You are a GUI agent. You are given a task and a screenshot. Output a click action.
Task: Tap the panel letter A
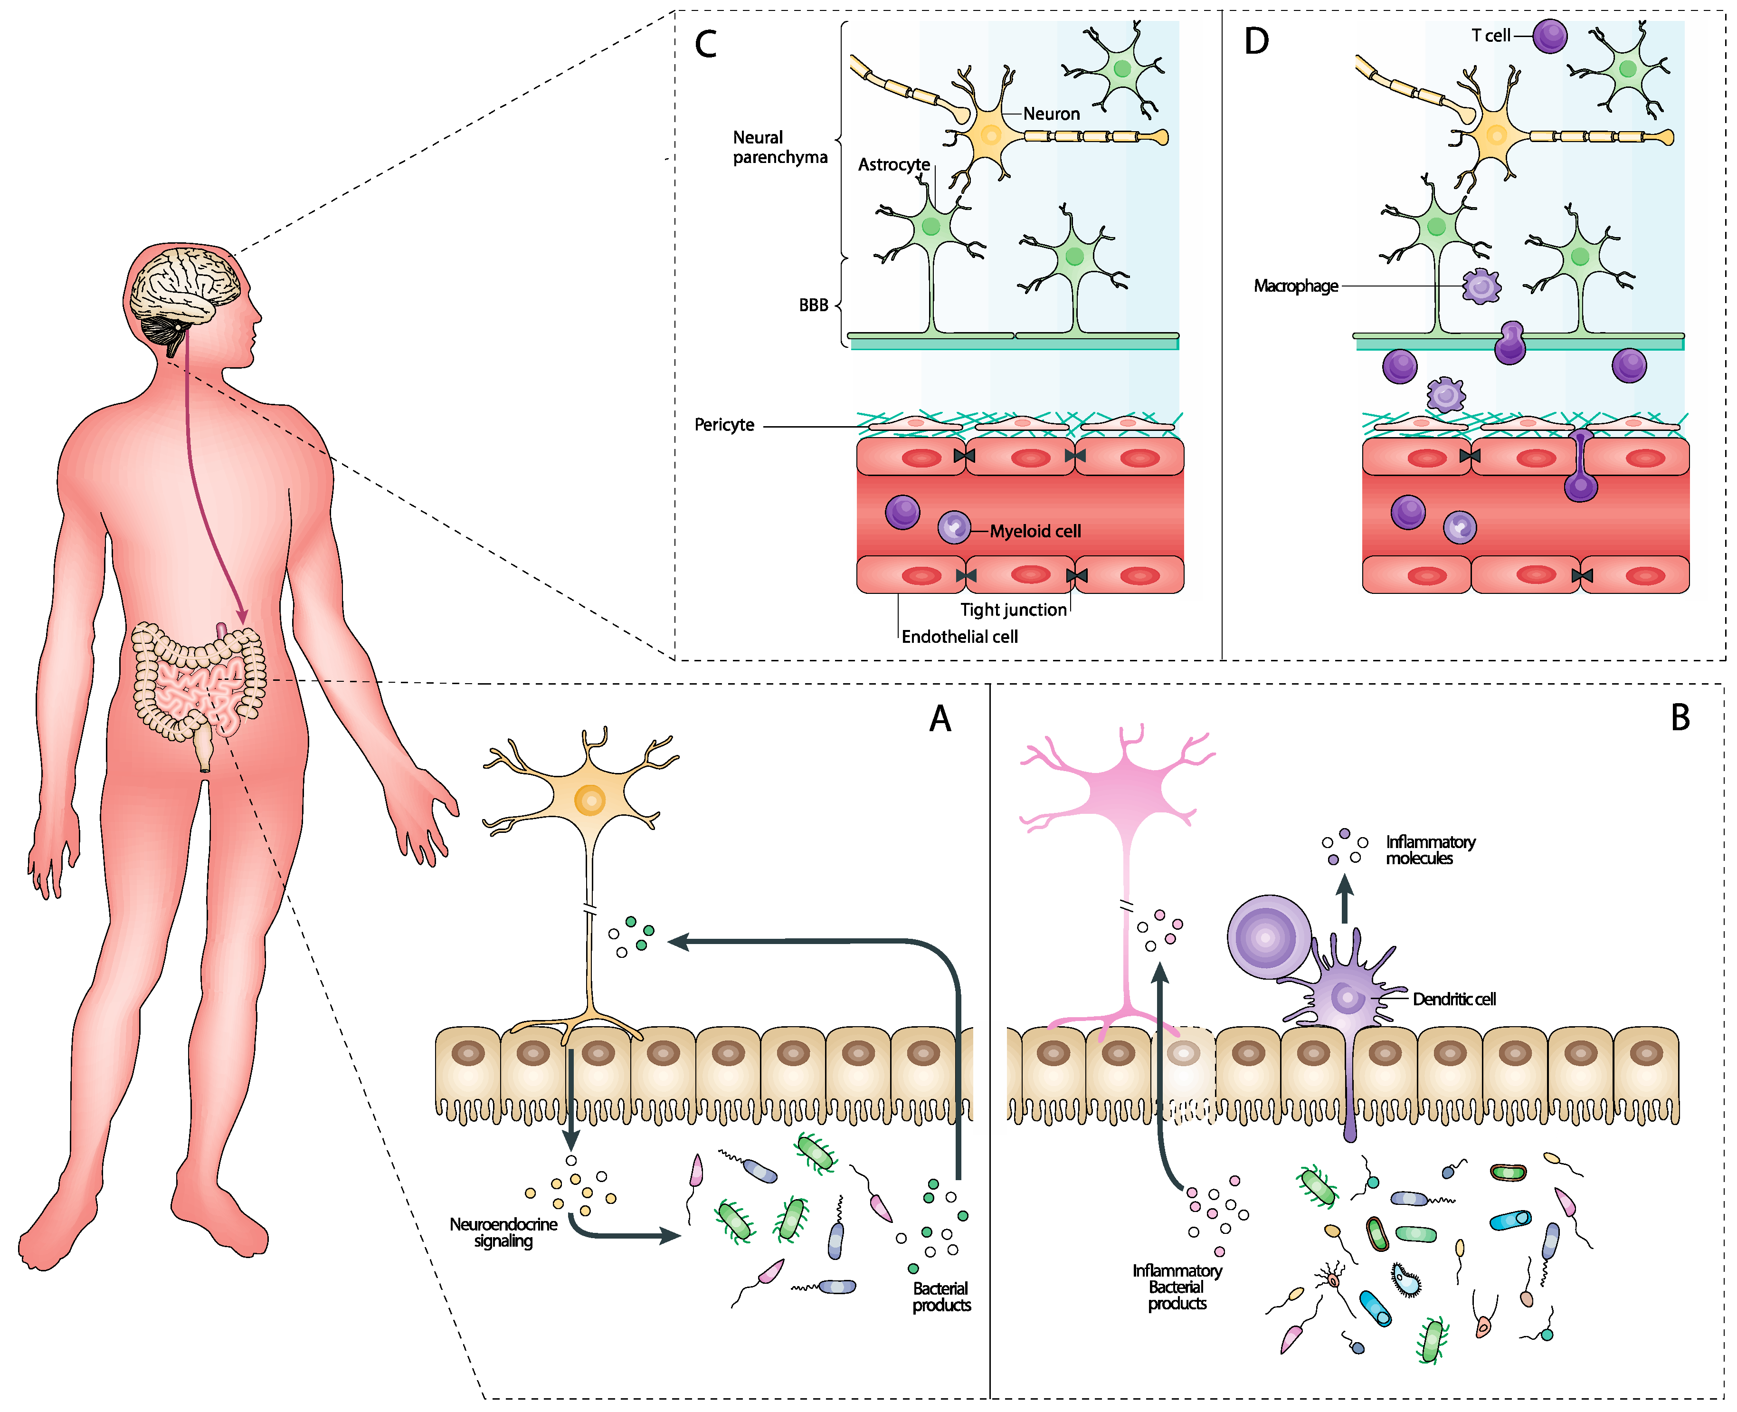point(940,718)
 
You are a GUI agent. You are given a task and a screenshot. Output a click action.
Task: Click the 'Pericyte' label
point(724,425)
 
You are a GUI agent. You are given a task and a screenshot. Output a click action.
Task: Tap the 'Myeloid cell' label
point(1035,531)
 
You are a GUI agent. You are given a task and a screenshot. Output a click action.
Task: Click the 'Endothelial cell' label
point(959,636)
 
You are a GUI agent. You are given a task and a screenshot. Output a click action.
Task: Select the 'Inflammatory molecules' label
point(1430,850)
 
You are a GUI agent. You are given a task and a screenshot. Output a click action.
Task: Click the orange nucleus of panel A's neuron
point(589,800)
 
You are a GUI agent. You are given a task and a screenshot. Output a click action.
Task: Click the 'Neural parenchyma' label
point(779,147)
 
